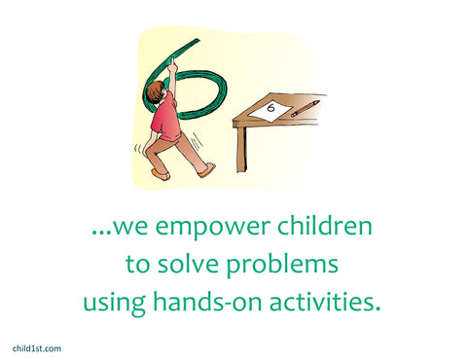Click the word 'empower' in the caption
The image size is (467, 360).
[x=212, y=227]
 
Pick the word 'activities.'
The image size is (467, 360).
[x=325, y=301]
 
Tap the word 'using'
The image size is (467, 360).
[x=114, y=303]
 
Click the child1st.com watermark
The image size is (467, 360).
[x=37, y=348]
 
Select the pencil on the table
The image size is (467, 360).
[x=305, y=108]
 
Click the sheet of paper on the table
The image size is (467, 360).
[x=271, y=111]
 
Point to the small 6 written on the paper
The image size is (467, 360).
[x=270, y=107]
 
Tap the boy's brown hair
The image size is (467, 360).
[x=156, y=91]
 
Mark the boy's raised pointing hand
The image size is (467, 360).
[x=172, y=65]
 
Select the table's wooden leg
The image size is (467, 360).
[x=241, y=148]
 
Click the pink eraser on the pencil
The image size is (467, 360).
[x=294, y=115]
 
